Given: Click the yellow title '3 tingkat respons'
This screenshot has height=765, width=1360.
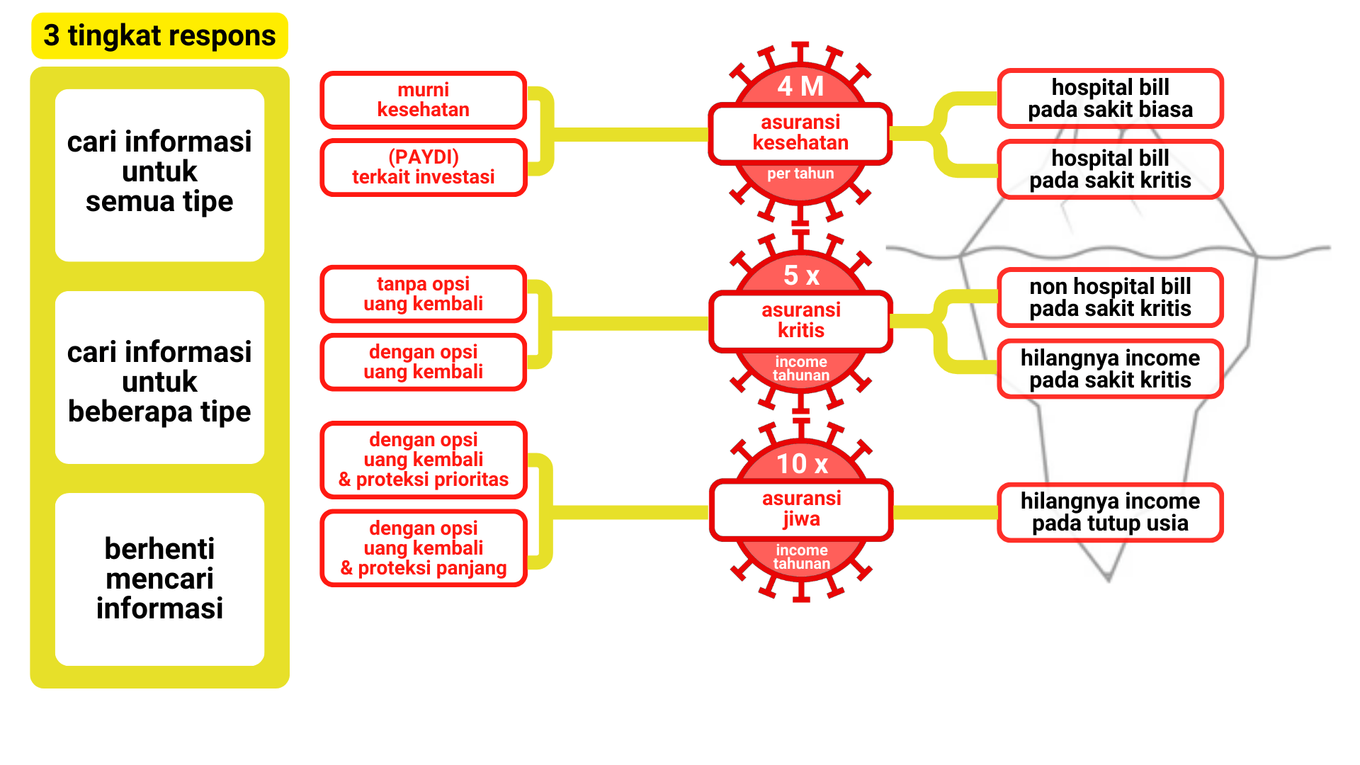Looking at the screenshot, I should coord(159,35).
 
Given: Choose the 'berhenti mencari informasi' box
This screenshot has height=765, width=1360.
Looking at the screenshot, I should coord(159,579).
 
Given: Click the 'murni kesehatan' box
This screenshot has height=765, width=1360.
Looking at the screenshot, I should coord(423,100).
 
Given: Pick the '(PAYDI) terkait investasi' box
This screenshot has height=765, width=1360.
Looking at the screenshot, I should coord(423,167).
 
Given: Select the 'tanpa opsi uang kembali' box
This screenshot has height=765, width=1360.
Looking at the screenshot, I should coord(423,294).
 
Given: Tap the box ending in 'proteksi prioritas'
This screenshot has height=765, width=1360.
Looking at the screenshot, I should coord(423,460).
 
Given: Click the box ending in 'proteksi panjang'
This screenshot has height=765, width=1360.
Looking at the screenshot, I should coord(423,548).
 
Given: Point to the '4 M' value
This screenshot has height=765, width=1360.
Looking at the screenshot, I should coord(800,86).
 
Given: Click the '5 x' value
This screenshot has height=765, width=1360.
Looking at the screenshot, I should coord(801,276).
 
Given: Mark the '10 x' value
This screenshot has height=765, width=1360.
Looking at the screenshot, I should coord(801,464).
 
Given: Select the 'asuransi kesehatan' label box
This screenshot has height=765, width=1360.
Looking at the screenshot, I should coord(800,133).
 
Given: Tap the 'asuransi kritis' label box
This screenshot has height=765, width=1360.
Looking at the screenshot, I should coord(801,321).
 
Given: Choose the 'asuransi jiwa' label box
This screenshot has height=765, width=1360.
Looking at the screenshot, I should coord(801,509).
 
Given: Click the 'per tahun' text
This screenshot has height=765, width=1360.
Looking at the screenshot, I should coord(800,174).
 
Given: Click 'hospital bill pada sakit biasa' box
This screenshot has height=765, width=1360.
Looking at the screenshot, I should coord(1110,98).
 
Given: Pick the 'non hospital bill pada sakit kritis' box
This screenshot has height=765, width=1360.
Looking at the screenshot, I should coord(1110,297).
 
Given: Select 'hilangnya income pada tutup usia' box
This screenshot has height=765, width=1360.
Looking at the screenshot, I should coord(1110,512).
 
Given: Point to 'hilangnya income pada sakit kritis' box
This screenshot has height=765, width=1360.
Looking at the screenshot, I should coord(1110,369).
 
